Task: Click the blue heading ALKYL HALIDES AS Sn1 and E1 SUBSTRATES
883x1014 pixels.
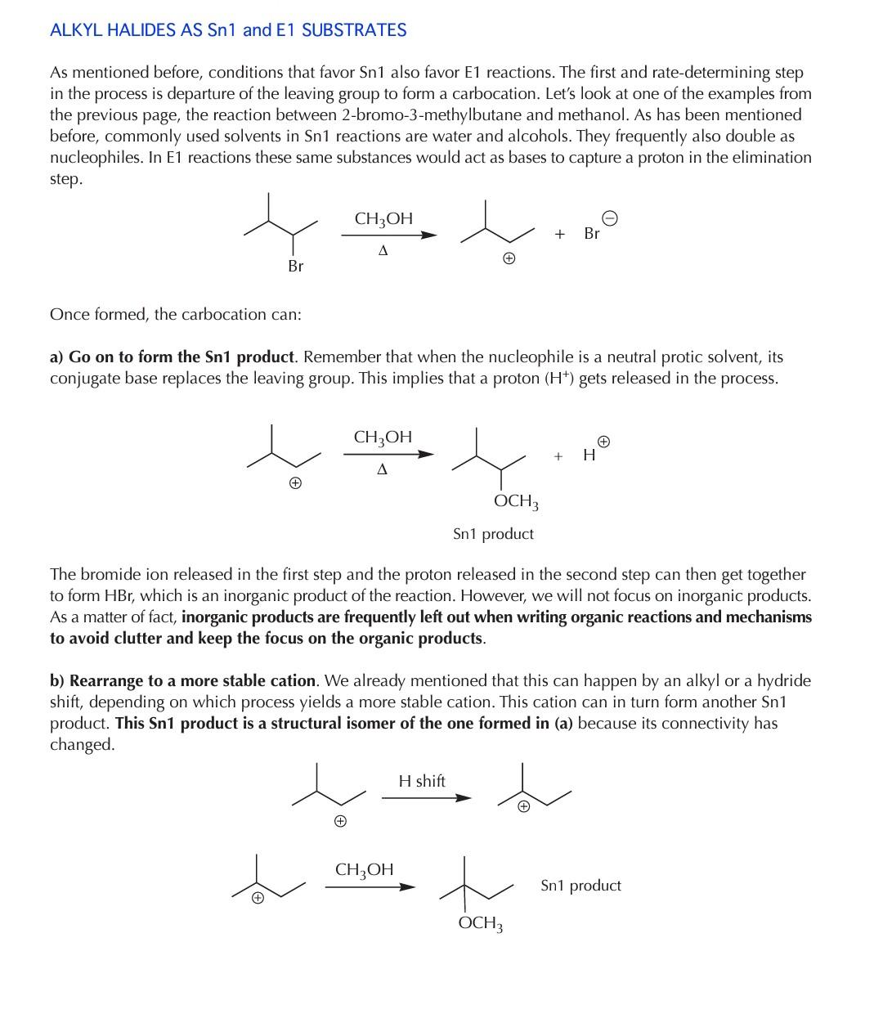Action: pos(228,30)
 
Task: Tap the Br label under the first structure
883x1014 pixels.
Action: pos(295,266)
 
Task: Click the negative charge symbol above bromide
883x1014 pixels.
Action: pos(610,218)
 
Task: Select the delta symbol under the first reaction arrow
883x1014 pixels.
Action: pos(383,251)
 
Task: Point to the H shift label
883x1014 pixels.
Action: pos(422,781)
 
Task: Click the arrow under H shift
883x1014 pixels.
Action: pos(426,798)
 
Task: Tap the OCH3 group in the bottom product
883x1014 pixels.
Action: pos(481,923)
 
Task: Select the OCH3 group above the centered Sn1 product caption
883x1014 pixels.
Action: pos(516,500)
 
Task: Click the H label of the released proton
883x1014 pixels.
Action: pos(589,455)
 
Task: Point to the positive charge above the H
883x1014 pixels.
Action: pos(603,442)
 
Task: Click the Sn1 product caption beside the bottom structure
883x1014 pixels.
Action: pos(580,885)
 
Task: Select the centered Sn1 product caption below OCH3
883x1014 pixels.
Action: pos(493,534)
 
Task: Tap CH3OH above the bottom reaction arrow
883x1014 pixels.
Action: pos(365,869)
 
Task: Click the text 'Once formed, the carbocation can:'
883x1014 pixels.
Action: pos(176,315)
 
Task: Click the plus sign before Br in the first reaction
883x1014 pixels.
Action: pos(559,234)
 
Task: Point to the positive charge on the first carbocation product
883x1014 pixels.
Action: pos(509,259)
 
